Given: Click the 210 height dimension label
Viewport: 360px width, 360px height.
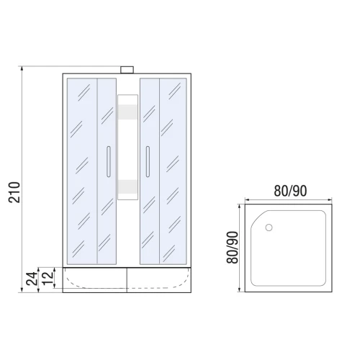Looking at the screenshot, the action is [x=14, y=192].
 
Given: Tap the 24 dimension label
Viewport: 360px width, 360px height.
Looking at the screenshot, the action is [x=32, y=279].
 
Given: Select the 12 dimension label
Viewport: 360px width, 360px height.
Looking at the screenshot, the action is [x=48, y=278].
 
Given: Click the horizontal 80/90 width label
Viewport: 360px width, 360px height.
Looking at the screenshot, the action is [x=290, y=191].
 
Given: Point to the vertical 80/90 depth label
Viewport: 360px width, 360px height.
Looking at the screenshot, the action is [x=233, y=248].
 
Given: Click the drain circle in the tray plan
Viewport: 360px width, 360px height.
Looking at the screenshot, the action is [x=269, y=228].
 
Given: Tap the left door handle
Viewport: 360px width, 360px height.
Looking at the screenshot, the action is [x=109, y=161].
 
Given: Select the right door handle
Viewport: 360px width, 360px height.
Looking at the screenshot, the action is [x=148, y=161].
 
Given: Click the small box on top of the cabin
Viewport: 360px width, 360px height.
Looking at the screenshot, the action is [x=127, y=70].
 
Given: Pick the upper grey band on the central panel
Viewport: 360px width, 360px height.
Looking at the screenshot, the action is [x=127, y=112].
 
